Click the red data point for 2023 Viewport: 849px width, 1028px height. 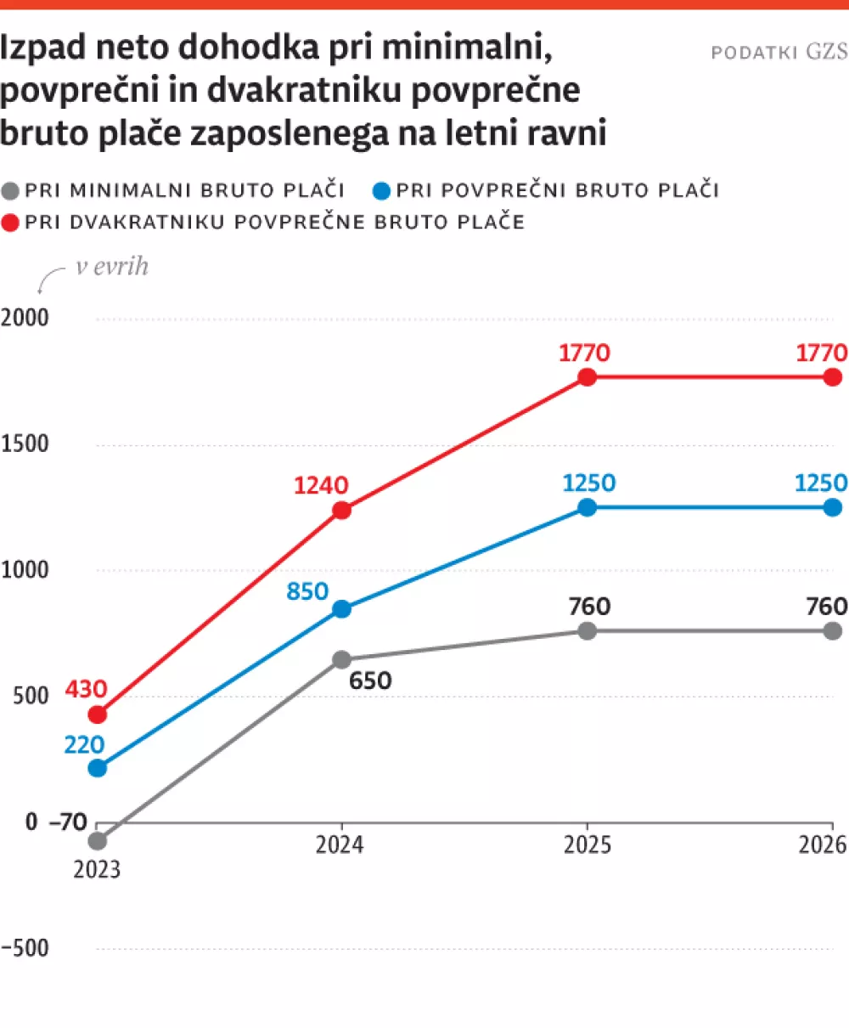[x=98, y=715]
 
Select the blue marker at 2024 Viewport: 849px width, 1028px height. [x=341, y=609]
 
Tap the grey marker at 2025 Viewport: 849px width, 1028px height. [x=587, y=631]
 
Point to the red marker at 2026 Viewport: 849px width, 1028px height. [x=833, y=377]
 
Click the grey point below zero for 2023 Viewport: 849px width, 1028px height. [x=98, y=841]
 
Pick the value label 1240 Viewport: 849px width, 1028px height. [x=321, y=486]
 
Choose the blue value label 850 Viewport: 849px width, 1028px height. [x=307, y=591]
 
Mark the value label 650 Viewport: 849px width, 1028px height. [x=370, y=681]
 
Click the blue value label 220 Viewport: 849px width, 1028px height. [x=84, y=745]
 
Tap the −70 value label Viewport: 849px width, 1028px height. [x=68, y=822]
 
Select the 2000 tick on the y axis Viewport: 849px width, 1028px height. [x=25, y=319]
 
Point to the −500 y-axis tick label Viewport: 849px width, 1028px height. [x=25, y=948]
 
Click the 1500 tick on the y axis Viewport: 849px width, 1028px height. [x=25, y=444]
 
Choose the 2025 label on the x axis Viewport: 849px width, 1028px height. [x=587, y=846]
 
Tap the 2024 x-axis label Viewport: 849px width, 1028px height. [x=340, y=846]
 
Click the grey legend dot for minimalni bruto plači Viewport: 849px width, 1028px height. [x=11, y=189]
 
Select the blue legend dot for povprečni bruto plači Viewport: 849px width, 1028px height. [x=382, y=189]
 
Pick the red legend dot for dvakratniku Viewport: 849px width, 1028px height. [x=11, y=223]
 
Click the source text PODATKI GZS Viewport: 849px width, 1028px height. [x=779, y=53]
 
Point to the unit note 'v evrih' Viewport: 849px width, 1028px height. [x=112, y=266]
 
